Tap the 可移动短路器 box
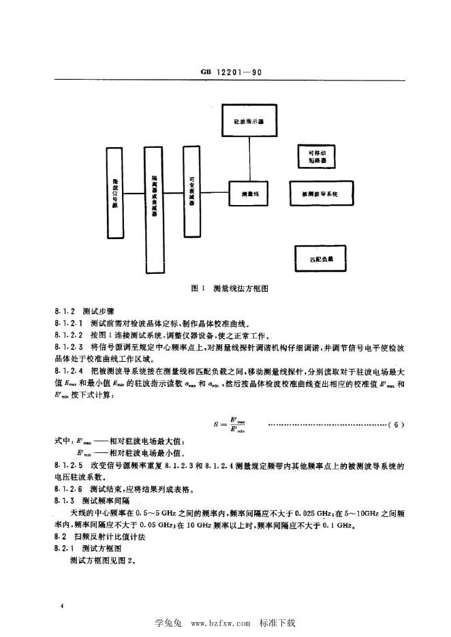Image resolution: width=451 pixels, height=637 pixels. tap(317, 156)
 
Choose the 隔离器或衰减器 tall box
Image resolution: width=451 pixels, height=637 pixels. tap(155, 207)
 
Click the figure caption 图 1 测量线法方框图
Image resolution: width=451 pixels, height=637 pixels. tap(226, 289)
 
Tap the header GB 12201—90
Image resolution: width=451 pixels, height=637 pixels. tap(225, 70)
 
